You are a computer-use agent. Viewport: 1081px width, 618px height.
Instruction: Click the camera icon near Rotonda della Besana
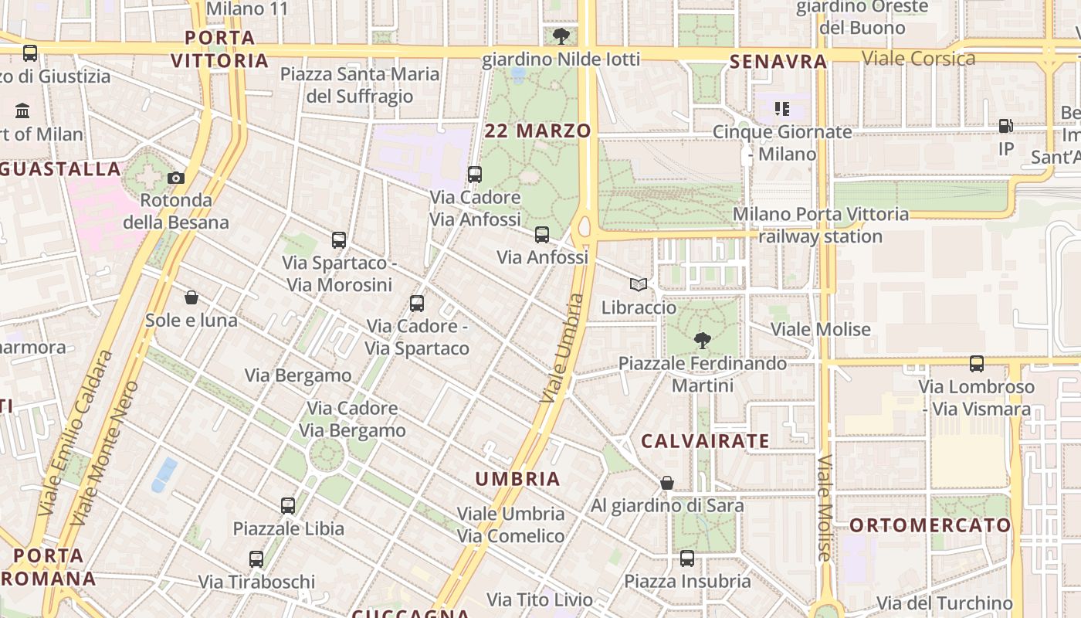click(176, 178)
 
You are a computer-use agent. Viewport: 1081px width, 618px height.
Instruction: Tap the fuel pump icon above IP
click(1005, 125)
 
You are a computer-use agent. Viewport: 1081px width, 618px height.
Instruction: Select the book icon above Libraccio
click(638, 285)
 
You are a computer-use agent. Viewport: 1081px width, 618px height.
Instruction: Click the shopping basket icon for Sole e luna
click(191, 297)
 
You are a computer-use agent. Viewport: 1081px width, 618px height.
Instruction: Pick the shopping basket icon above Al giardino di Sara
click(667, 483)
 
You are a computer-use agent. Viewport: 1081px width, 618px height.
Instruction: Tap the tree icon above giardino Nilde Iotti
click(561, 36)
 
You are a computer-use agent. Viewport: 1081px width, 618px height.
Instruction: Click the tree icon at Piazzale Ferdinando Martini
click(702, 340)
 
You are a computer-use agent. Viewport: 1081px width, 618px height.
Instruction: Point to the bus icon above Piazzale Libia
click(288, 506)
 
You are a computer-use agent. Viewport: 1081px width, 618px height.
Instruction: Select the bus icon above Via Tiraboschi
click(256, 559)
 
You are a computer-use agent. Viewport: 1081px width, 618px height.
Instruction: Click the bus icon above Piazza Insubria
click(687, 558)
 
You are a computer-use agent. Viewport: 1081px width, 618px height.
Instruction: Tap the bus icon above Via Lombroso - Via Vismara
click(977, 363)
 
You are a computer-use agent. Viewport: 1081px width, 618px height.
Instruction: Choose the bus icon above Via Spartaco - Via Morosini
click(339, 240)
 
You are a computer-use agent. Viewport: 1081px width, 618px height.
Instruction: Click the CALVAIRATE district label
click(706, 442)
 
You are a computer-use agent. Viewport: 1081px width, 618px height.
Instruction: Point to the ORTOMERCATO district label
click(930, 525)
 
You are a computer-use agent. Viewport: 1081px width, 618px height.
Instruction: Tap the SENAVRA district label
click(778, 62)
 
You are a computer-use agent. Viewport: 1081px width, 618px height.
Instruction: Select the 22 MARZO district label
click(537, 131)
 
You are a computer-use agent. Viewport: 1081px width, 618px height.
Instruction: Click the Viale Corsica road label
click(918, 59)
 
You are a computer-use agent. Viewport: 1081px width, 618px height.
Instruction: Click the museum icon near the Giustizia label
click(22, 110)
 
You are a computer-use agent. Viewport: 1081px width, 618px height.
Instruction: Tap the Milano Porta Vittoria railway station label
click(820, 225)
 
